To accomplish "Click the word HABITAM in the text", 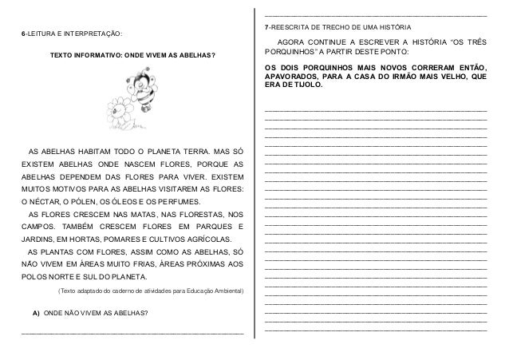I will coord(94,151).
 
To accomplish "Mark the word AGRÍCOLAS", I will coord(209,239).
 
